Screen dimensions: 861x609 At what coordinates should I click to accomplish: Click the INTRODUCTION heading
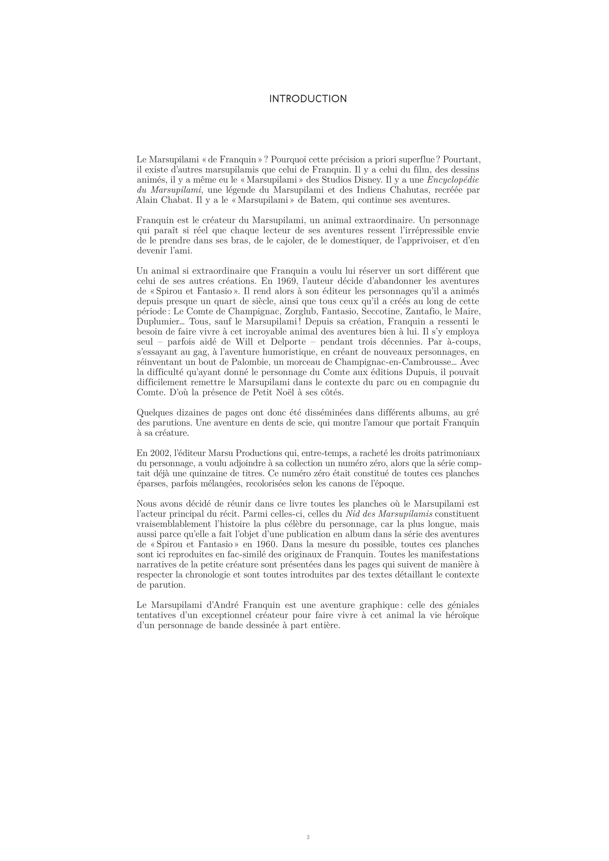tap(308, 99)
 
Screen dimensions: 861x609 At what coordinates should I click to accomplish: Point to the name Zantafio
tap(422, 312)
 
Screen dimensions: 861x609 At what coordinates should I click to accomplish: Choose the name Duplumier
tap(158, 322)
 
